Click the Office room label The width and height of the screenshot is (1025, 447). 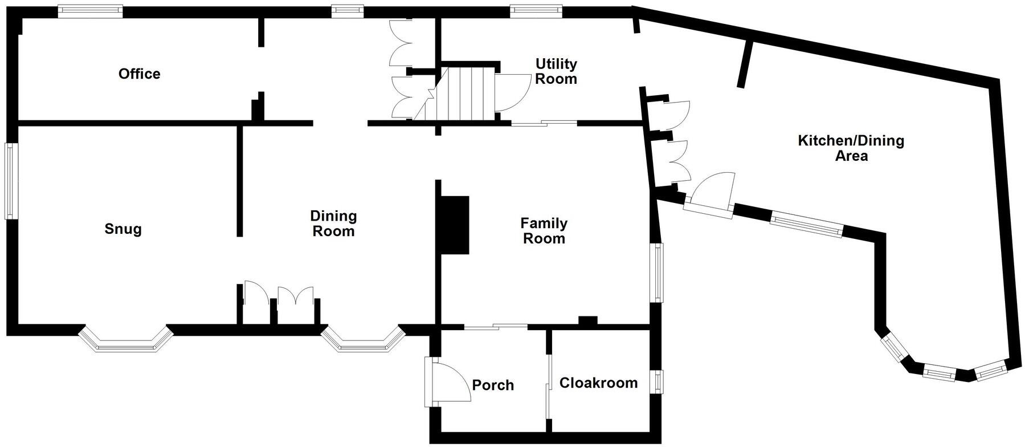point(139,74)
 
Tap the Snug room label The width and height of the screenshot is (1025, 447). point(123,229)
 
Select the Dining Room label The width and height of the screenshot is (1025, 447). point(333,223)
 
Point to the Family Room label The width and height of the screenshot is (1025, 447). point(544,230)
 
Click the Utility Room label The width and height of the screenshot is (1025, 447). point(556,71)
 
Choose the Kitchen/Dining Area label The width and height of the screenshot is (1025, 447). point(851,148)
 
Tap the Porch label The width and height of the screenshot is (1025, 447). point(493,385)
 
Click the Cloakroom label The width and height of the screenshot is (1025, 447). point(598,383)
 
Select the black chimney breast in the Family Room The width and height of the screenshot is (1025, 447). point(454,225)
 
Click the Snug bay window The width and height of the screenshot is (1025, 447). point(125,341)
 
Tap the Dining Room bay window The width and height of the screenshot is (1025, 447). point(363,341)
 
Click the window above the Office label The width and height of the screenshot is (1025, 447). point(91,10)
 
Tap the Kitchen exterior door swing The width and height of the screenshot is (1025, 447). point(712,193)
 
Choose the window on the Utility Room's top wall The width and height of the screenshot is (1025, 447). point(536,10)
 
